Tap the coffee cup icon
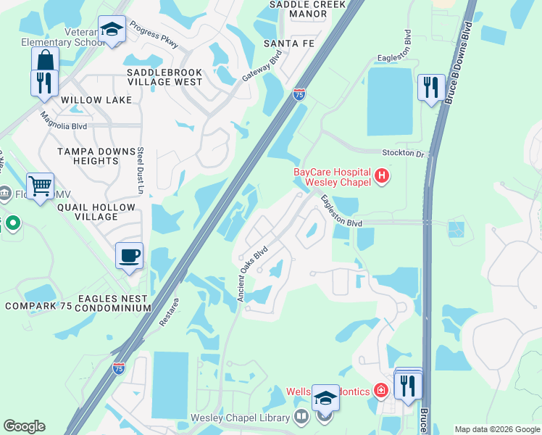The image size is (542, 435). pos(129,255)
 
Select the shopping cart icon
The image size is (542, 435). pos(40,186)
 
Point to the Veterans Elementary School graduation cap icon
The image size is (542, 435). pos(112,29)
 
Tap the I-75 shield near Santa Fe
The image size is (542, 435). pos(299,94)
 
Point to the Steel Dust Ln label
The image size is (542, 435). pos(141,171)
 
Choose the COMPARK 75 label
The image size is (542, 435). pos(38,306)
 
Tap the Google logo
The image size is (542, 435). pos(24,426)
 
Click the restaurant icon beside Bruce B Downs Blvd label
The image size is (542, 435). pos(432,88)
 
